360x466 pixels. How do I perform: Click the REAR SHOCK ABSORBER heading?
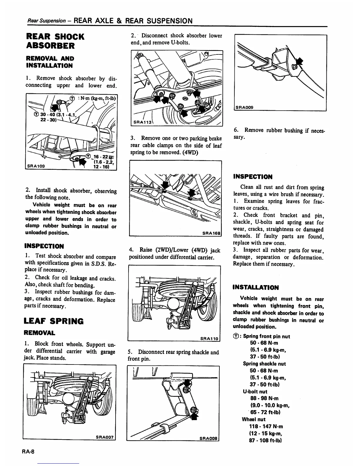pyautogui.click(x=55, y=41)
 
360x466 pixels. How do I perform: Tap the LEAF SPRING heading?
pyautogui.click(x=54, y=321)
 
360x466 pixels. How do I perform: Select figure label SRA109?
pyautogui.click(x=36, y=166)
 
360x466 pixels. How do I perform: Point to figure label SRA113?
pyautogui.click(x=142, y=122)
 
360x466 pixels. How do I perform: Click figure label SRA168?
pyautogui.click(x=211, y=233)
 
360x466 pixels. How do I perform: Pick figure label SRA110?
pyautogui.click(x=209, y=339)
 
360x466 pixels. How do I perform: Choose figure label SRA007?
pyautogui.click(x=105, y=437)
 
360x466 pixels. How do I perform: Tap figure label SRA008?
pyautogui.click(x=208, y=438)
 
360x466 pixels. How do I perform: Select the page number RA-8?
pyautogui.click(x=29, y=452)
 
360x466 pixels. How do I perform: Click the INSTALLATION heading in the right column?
pyautogui.click(x=256, y=287)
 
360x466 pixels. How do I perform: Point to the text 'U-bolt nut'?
pyautogui.click(x=255, y=392)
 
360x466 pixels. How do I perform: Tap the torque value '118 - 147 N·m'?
pyautogui.click(x=266, y=426)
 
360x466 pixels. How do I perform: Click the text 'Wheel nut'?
pyautogui.click(x=254, y=419)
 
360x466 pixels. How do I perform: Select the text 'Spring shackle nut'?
pyautogui.click(x=264, y=364)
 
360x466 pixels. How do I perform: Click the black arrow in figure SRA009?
pyautogui.click(x=299, y=62)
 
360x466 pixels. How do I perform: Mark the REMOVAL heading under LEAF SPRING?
pyautogui.click(x=39, y=333)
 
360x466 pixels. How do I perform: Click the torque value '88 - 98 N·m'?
pyautogui.click(x=264, y=398)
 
